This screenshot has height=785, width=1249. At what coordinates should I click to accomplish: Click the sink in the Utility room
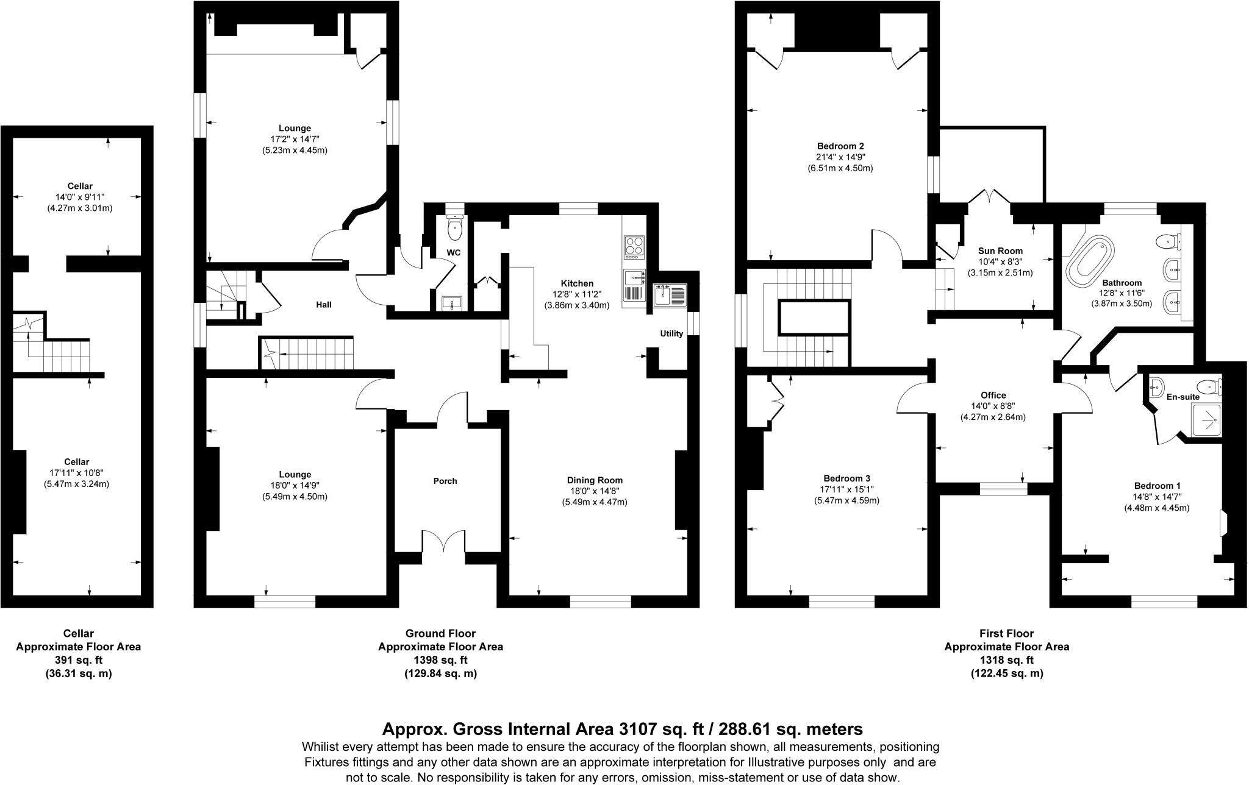click(670, 295)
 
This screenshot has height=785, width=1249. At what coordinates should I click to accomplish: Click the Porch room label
click(445, 481)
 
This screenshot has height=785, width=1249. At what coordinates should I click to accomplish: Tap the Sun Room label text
click(1000, 250)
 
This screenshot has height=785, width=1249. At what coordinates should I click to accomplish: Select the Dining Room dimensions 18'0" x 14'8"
click(595, 491)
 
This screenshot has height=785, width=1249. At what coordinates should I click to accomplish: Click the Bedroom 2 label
click(840, 146)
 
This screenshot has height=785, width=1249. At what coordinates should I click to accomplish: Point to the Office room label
click(993, 395)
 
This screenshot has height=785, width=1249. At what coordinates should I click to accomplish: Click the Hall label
click(324, 304)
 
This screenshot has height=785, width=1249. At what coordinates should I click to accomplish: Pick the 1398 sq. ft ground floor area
click(440, 660)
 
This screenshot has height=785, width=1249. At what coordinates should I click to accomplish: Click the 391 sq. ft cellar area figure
click(79, 660)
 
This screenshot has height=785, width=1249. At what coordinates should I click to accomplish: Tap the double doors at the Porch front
click(445, 541)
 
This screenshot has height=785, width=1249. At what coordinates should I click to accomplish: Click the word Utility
click(671, 333)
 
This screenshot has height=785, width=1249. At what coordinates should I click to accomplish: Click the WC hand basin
click(452, 302)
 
